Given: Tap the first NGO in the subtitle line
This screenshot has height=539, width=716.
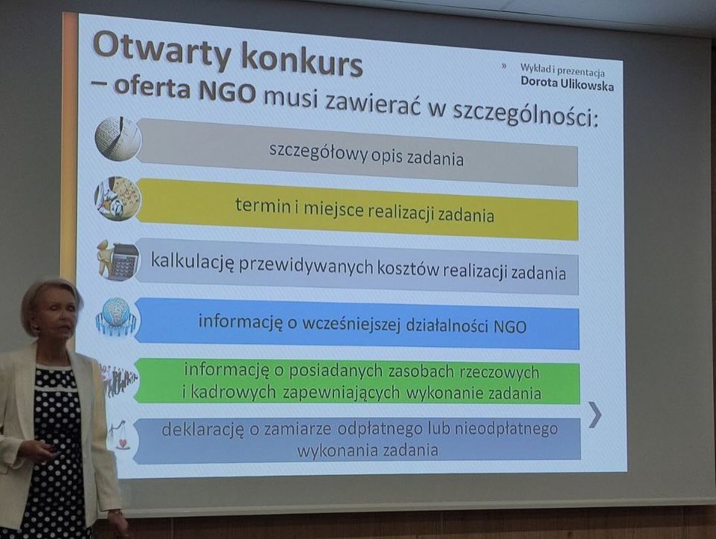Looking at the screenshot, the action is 227,91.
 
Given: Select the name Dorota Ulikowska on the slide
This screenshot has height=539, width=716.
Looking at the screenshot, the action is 567,83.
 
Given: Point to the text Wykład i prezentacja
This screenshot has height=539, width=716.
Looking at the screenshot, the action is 563,70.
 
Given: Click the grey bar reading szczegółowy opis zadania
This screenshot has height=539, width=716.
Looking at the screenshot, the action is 357,152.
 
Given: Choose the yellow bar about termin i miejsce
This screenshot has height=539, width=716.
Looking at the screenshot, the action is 357,210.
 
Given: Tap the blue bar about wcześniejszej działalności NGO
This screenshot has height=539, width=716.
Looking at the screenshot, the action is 357,323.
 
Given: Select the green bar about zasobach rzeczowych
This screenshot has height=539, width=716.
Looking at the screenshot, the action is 357,381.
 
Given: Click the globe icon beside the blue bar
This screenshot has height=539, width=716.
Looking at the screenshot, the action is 116,317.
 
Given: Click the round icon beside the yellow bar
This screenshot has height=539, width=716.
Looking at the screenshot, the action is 118,200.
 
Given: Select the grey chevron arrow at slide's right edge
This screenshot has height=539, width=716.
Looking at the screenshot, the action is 595,415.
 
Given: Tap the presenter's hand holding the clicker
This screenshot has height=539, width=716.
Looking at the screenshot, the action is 39,450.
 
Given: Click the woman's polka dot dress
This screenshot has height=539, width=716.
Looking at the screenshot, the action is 55,452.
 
